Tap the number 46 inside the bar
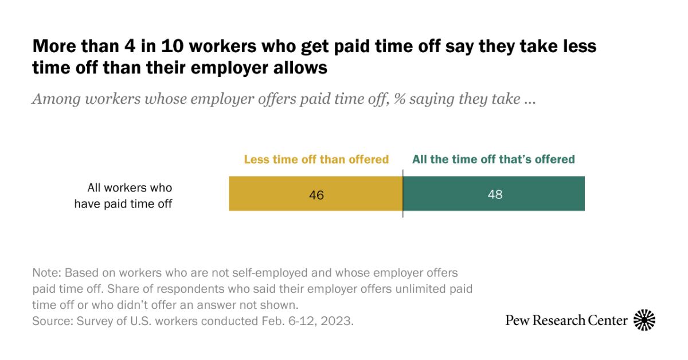[x=316, y=195]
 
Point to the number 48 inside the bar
[x=495, y=194]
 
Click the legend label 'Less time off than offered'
[x=316, y=159]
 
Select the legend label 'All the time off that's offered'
[x=493, y=159]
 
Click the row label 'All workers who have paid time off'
[x=123, y=195]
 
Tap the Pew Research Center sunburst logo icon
[x=644, y=320]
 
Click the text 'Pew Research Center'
[x=566, y=320]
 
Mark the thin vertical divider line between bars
[x=402, y=195]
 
